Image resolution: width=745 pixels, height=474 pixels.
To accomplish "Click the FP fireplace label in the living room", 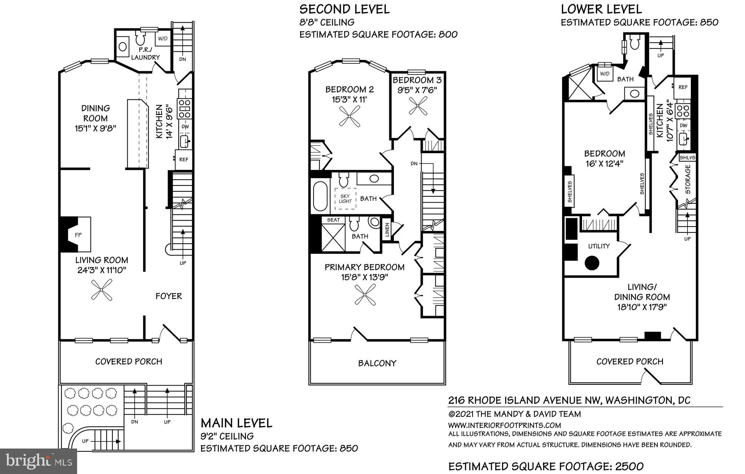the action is pos(78,235).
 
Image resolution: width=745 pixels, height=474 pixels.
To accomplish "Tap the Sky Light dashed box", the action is pos(345,199).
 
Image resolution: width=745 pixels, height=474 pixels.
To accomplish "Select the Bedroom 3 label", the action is pos(417,80).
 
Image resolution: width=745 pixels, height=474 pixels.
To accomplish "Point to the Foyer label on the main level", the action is pos(169,296).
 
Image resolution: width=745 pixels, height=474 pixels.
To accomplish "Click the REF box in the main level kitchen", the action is pos(184,159).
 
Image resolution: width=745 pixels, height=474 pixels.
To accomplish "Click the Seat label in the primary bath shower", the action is pos(333,220).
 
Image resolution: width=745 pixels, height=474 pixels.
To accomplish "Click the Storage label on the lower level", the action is pos(688,180).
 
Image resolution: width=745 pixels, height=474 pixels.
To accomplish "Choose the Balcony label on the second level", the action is pos(377,363).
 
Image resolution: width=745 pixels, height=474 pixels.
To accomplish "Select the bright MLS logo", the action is pos(39,461).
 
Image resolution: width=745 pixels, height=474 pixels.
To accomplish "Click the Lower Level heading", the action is pos(601,9).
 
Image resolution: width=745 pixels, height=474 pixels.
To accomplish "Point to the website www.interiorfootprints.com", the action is pos(505,425).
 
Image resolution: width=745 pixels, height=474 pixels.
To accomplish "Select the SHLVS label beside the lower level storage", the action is pos(687,158).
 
